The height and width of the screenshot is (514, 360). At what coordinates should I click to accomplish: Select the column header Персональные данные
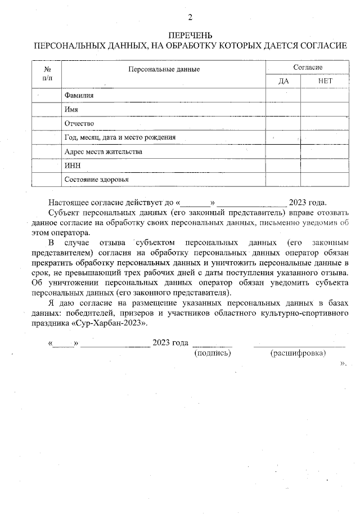(164, 69)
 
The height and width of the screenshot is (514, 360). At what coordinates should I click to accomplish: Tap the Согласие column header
(308, 67)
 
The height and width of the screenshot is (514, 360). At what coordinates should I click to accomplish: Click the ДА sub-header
(283, 81)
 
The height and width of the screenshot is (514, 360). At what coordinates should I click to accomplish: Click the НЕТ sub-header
(325, 81)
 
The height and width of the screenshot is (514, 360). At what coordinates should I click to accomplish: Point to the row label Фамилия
(79, 96)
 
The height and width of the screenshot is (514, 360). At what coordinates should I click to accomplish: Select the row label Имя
(71, 109)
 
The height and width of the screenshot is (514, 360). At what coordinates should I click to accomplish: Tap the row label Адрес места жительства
(103, 151)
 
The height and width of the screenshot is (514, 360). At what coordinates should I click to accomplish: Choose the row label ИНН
(72, 166)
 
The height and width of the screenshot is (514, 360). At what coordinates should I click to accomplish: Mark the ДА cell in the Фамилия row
(283, 96)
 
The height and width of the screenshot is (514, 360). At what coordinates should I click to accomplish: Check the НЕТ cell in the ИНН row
(325, 166)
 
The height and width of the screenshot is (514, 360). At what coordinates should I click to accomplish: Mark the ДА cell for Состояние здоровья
(283, 180)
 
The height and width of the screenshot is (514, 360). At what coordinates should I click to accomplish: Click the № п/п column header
(47, 73)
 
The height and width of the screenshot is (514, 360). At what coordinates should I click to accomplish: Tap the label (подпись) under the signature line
(212, 353)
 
